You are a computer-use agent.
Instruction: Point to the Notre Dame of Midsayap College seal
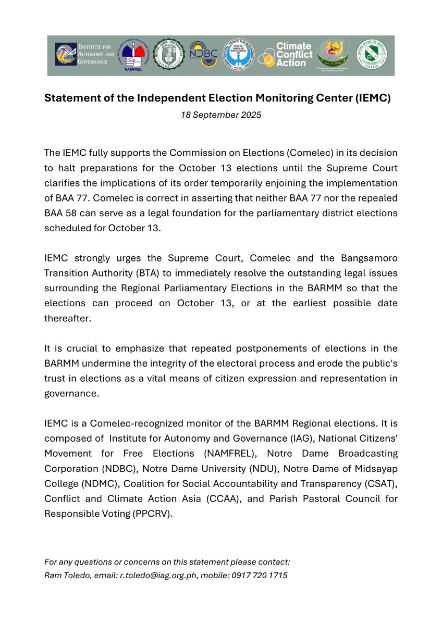tap(371, 55)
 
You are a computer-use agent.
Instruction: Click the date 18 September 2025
tap(221, 115)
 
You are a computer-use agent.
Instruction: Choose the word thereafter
tap(67, 319)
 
